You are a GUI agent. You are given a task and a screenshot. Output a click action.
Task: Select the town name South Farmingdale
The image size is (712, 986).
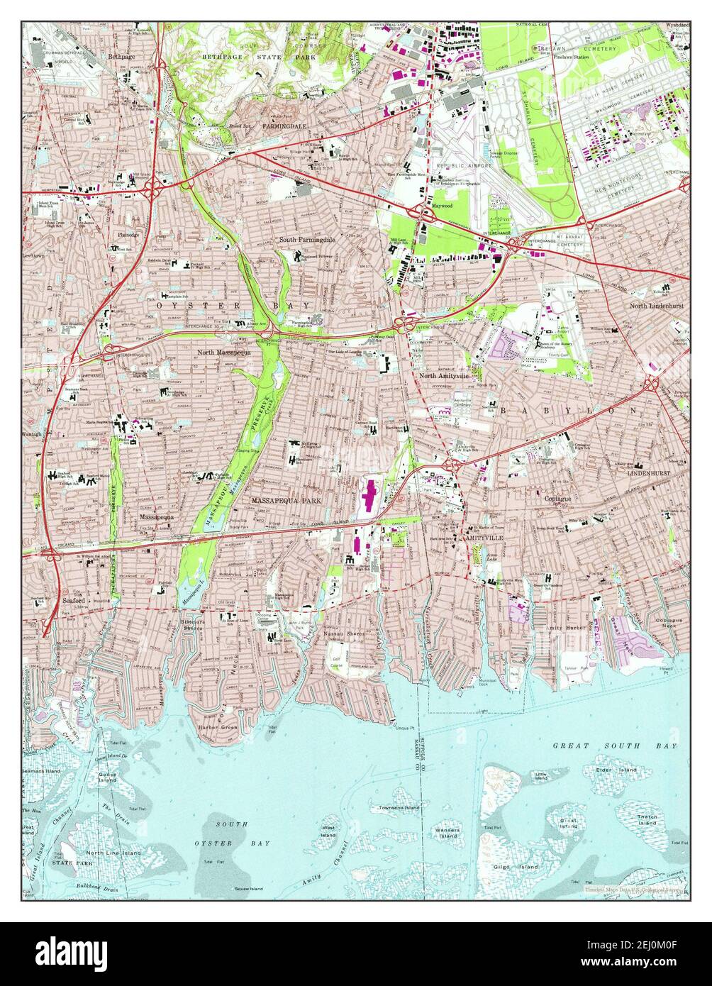(x=306, y=240)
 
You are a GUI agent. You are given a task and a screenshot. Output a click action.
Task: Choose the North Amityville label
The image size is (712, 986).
(x=445, y=376)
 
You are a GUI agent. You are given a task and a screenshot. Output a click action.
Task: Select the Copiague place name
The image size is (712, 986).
(x=558, y=499)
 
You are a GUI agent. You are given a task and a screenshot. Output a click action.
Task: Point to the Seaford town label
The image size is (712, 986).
(x=73, y=599)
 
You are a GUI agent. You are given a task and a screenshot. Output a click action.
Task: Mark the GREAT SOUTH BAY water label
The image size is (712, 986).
(x=615, y=746)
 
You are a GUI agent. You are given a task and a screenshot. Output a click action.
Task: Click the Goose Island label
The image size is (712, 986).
(x=108, y=778)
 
